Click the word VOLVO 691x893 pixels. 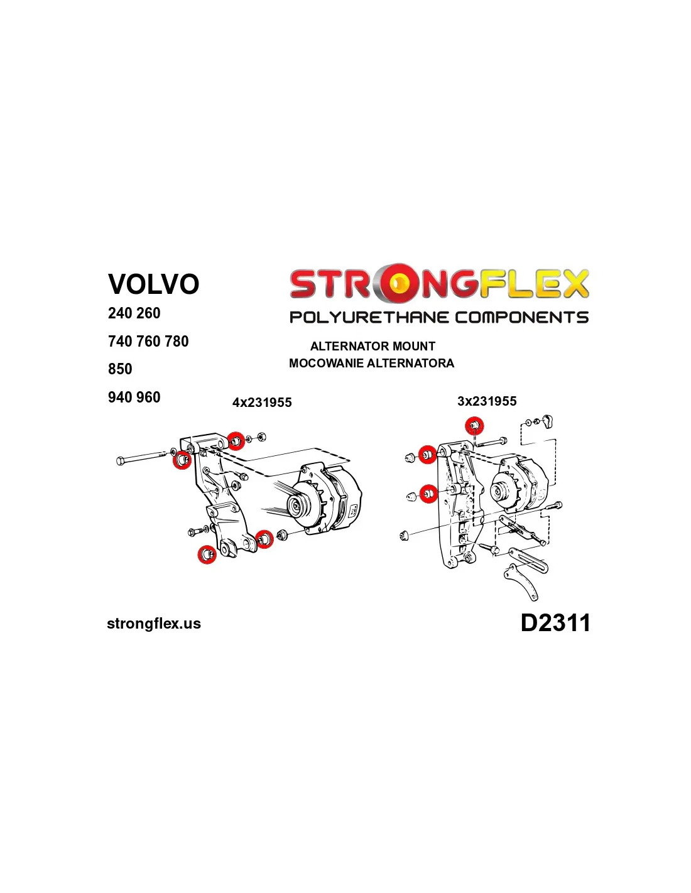click(x=153, y=284)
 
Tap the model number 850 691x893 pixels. click(x=120, y=369)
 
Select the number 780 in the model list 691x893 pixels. click(x=177, y=341)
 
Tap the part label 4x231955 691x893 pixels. click(x=262, y=403)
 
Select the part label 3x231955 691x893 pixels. click(x=487, y=401)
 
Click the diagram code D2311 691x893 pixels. click(x=555, y=622)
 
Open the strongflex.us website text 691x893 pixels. click(x=154, y=624)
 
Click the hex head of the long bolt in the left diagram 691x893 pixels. click(x=121, y=460)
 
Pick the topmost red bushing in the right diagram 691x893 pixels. click(x=474, y=426)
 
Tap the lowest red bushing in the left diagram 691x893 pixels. click(x=207, y=554)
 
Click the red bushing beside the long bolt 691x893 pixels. click(x=182, y=460)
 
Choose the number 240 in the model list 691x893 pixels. click(x=120, y=313)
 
